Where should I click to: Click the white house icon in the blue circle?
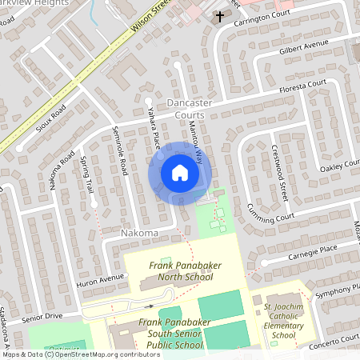coord(180,172)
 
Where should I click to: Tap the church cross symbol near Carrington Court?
coord(219,16)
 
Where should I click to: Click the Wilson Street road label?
coord(149,18)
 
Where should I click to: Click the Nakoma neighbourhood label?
coord(139,233)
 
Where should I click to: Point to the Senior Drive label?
coord(42,317)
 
